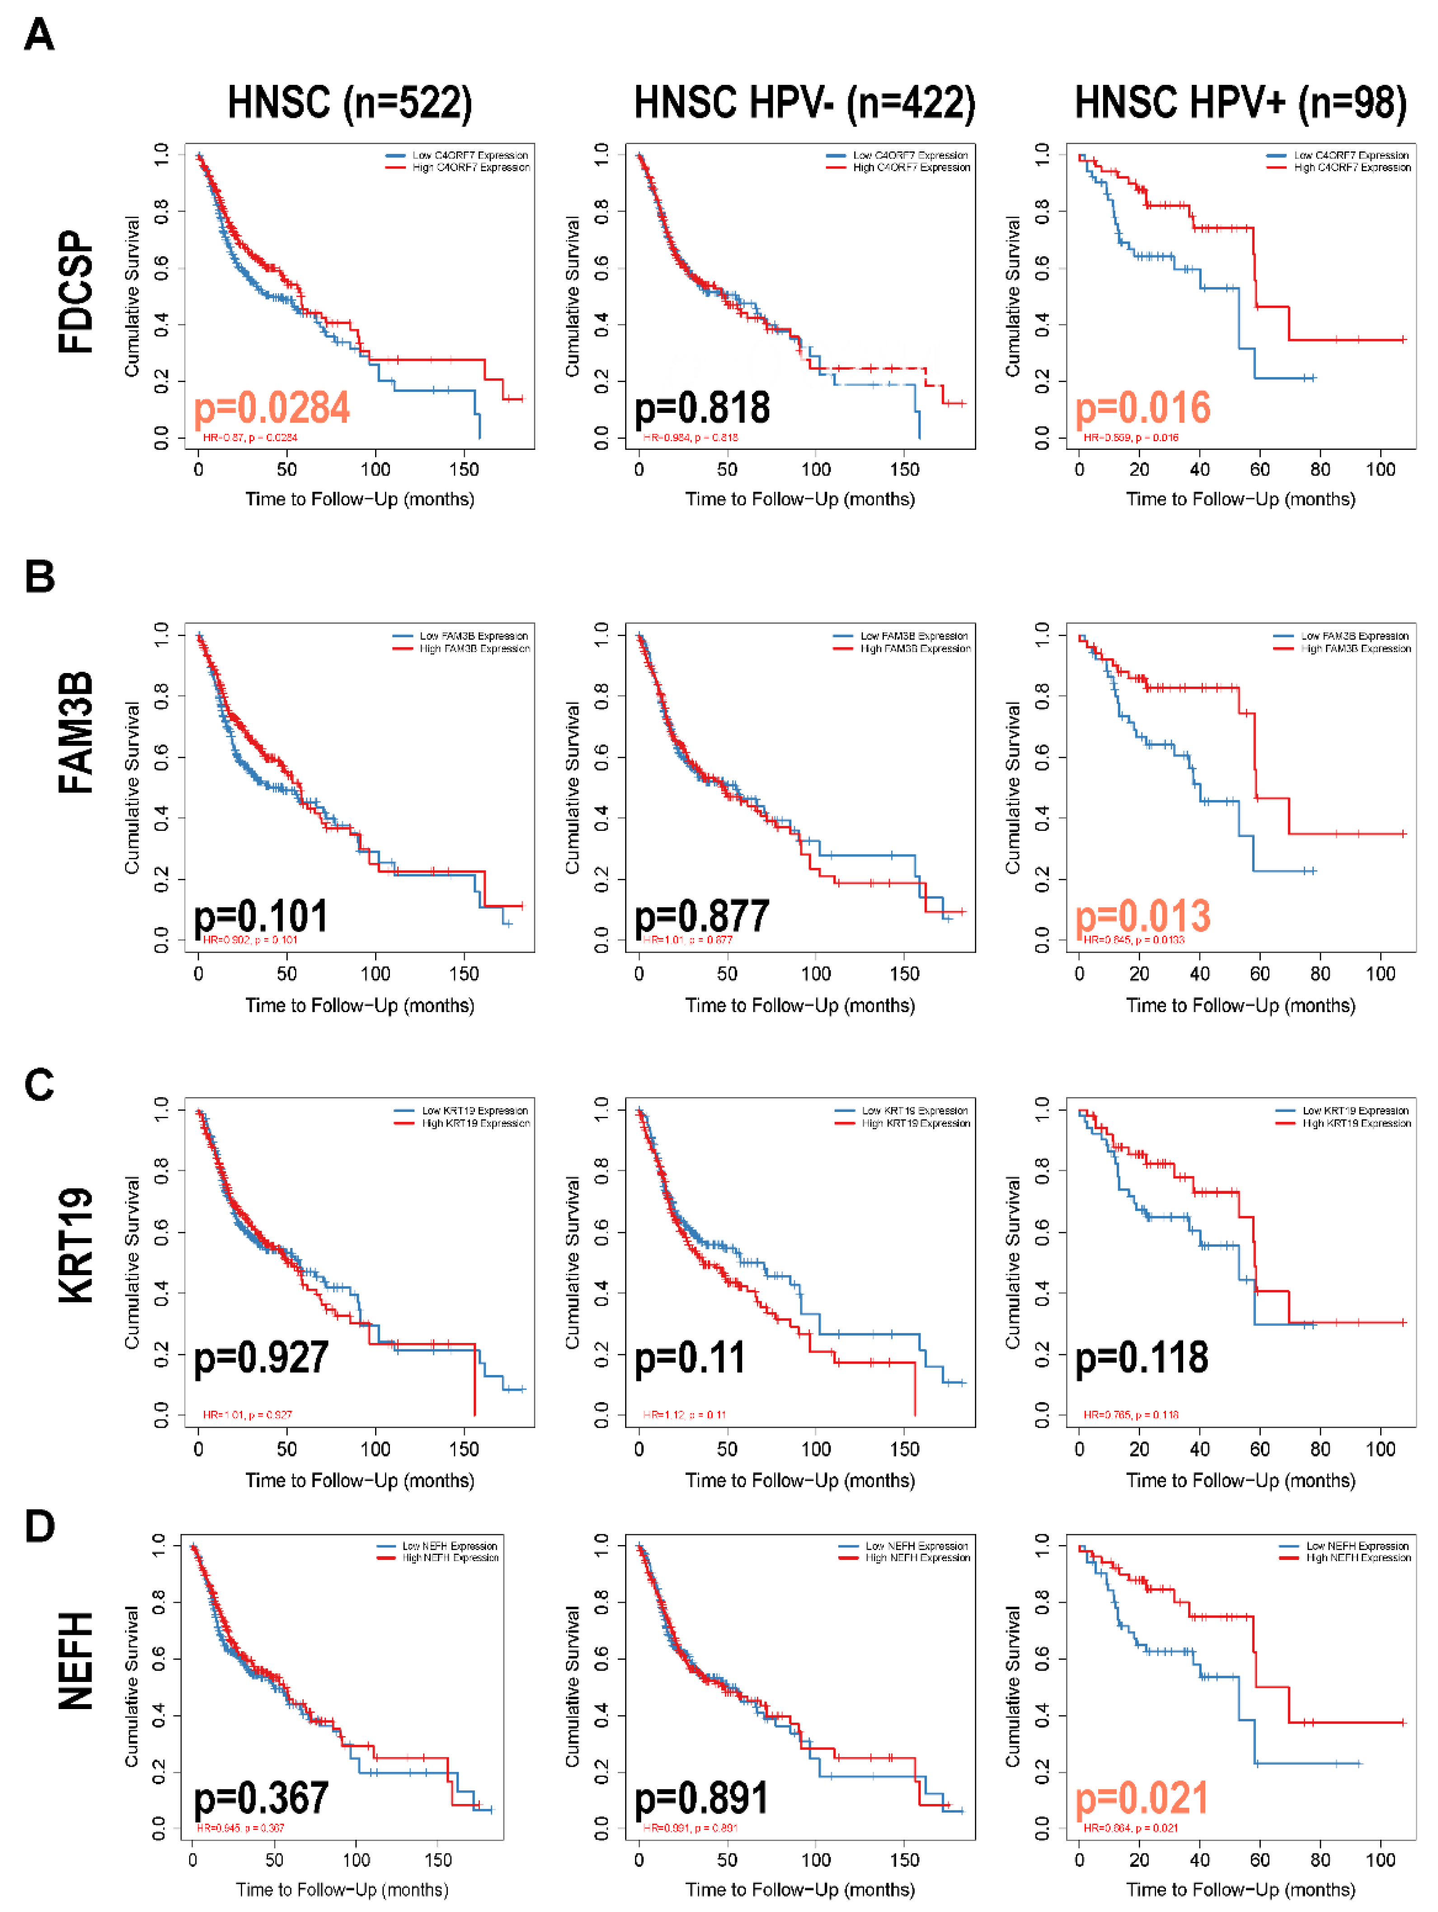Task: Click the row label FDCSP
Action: (x=76, y=292)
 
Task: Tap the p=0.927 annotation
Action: (x=261, y=1357)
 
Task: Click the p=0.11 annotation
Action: (x=690, y=1357)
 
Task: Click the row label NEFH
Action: (x=76, y=1661)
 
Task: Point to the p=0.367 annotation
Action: (x=261, y=1798)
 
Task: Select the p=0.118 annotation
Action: (x=1141, y=1357)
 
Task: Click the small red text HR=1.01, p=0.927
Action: (x=247, y=1415)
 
